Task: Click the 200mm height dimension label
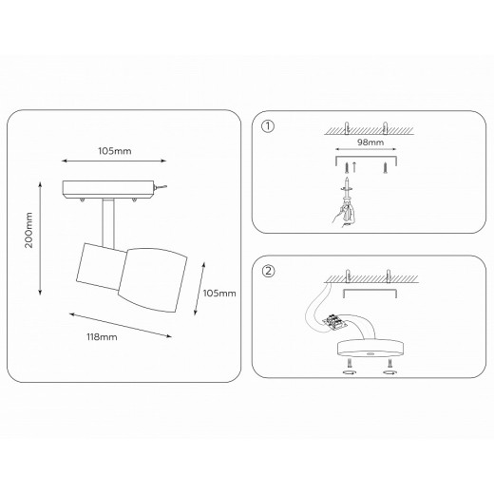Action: [x=28, y=230]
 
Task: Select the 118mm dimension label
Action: [x=102, y=337]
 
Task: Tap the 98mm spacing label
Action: [x=370, y=142]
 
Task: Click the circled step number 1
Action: [x=268, y=126]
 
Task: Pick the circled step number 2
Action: [x=268, y=271]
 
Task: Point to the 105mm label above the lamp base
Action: [x=115, y=151]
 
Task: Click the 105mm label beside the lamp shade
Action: [x=219, y=294]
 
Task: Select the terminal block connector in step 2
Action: [x=334, y=321]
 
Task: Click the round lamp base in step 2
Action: [x=370, y=348]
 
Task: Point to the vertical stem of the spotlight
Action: [x=108, y=223]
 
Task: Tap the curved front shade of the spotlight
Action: [x=153, y=280]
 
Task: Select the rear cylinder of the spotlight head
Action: [x=101, y=266]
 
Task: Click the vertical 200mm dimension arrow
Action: [x=40, y=238]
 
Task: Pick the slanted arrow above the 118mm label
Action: [x=121, y=325]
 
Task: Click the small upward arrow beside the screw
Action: [x=354, y=167]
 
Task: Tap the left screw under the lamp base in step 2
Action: [x=350, y=363]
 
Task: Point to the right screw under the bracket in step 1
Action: [x=385, y=167]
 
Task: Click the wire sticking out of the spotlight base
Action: [x=161, y=187]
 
